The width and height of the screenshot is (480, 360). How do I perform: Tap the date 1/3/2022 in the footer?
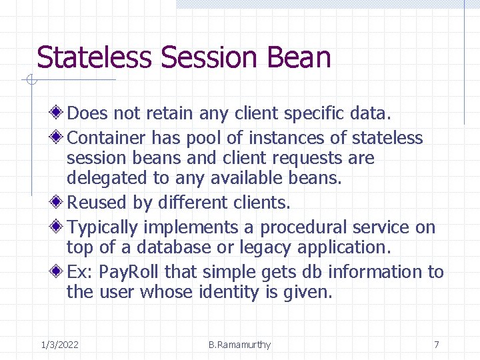tap(59, 345)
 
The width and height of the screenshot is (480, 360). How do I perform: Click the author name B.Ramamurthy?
tap(239, 345)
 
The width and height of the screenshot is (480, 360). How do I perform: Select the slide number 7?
tap(436, 345)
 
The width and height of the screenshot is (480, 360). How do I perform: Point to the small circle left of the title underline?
tap(30, 81)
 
